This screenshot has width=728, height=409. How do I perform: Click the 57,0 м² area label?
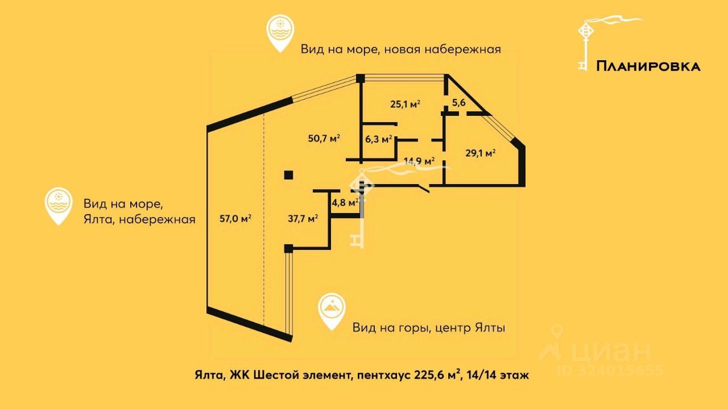click(x=235, y=218)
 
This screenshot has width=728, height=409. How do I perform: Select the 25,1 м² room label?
click(x=405, y=104)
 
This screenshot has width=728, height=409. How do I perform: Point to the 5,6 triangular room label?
click(x=459, y=103)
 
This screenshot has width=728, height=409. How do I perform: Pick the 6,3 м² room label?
click(x=379, y=139)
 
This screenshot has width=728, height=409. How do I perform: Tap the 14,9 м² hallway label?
click(x=419, y=161)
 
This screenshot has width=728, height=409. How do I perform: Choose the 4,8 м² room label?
click(x=345, y=202)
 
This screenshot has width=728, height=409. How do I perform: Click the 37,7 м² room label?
click(x=303, y=218)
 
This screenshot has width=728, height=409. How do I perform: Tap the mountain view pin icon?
click(x=332, y=310)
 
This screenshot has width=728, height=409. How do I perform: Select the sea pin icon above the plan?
click(x=280, y=33)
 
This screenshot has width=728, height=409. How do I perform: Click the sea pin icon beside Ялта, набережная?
click(x=59, y=204)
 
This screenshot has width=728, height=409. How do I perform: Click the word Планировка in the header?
click(x=648, y=66)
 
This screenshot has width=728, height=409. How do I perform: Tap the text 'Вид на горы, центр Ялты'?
click(x=429, y=328)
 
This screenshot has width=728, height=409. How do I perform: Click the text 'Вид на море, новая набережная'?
click(x=401, y=49)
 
